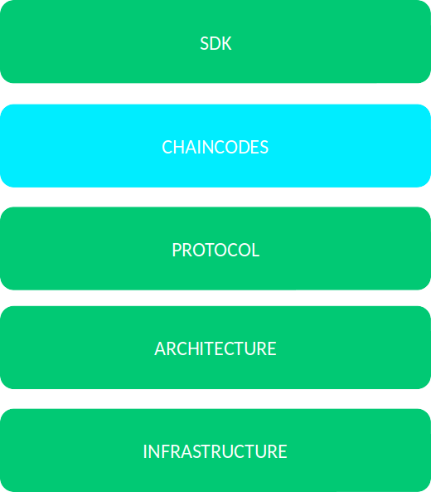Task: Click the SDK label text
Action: click(215, 43)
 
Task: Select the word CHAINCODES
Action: click(215, 147)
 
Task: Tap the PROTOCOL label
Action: click(215, 250)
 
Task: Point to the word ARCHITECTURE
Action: click(215, 348)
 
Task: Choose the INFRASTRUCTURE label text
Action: click(215, 451)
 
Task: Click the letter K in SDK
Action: click(226, 43)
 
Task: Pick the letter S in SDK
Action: click(204, 43)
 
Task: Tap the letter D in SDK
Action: click(215, 43)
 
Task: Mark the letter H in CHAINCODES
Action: click(180, 147)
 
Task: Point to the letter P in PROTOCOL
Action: click(177, 250)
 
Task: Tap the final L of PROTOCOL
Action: click(255, 250)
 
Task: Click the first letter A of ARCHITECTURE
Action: click(160, 348)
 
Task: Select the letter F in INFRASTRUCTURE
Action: click(162, 451)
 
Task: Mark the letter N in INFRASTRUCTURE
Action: click(152, 451)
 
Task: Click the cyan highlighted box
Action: click(215, 145)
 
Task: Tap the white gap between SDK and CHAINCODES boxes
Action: click(215, 94)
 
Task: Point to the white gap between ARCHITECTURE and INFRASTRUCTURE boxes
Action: click(215, 399)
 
